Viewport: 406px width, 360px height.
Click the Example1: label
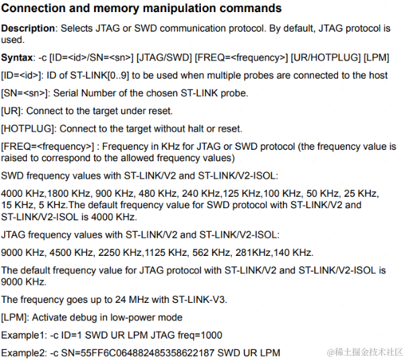(x=23, y=334)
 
